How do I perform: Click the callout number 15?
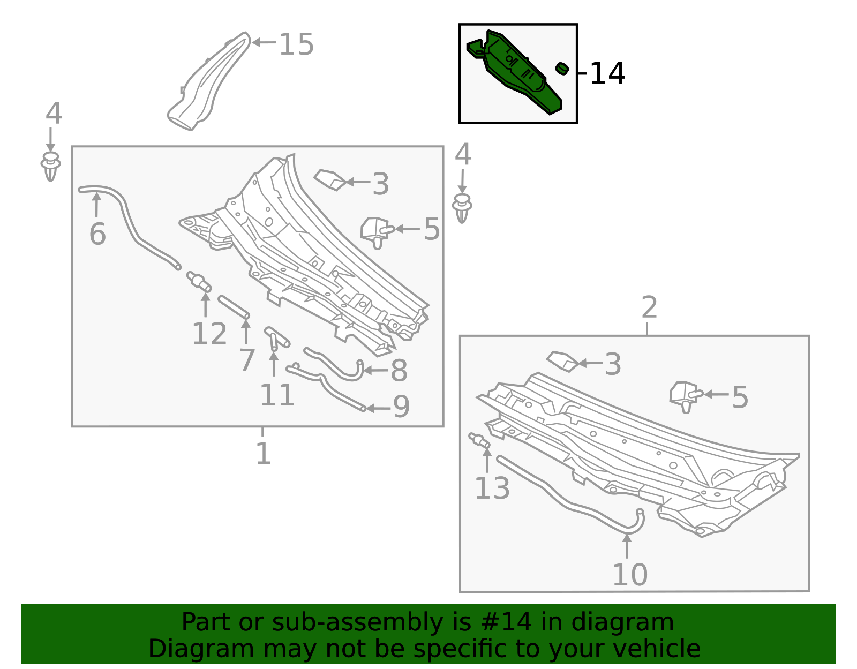(296, 44)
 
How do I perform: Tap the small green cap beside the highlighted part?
(561, 68)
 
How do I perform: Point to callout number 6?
(97, 234)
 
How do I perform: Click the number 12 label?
(209, 334)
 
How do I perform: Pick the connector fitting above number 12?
(198, 280)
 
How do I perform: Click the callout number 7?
(246, 359)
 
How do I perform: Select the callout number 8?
(399, 371)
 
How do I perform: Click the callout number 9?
(401, 407)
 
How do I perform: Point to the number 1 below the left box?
(263, 453)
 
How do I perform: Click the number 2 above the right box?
(649, 307)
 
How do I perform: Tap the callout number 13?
(492, 488)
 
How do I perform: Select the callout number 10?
(630, 575)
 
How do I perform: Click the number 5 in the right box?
(740, 397)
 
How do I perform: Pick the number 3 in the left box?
(380, 184)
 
